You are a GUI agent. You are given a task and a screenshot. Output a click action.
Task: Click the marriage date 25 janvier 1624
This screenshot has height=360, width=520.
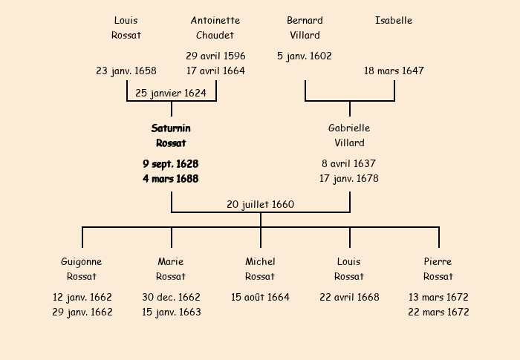coord(171,93)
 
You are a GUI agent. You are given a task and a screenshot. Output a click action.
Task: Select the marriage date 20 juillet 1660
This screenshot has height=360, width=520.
coord(260,204)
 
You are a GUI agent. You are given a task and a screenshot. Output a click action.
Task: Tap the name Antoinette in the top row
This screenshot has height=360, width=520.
coord(215,20)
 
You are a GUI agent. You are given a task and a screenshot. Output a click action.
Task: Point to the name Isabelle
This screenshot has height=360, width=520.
coord(394,20)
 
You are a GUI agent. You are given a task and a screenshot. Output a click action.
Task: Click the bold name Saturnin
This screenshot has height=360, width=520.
coord(171,128)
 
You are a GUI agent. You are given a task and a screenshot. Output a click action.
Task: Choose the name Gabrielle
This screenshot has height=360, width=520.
coord(349,128)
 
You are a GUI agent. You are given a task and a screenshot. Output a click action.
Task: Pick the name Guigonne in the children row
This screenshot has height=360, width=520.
coord(82,261)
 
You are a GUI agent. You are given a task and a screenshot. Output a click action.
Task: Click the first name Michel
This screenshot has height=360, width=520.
coord(260,261)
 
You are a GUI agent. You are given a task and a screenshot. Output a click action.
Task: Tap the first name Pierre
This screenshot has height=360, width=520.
coord(438,261)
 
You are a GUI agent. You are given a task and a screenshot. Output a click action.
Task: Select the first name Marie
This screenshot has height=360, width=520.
coord(171,261)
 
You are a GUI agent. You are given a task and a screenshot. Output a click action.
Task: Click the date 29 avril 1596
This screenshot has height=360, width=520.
coord(215,56)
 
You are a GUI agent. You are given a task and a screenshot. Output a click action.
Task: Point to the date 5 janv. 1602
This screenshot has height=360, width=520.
coord(305,56)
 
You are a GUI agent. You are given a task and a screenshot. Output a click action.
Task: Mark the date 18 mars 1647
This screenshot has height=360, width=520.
coord(394,71)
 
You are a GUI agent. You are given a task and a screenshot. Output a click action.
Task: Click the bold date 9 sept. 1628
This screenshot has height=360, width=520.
coord(171,163)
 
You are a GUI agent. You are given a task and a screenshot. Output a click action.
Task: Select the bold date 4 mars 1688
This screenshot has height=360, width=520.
coord(171,178)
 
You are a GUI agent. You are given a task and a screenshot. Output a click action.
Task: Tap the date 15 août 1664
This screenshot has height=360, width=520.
coord(260,297)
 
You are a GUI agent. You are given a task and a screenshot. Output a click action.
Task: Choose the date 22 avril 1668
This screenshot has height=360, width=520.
coord(349,297)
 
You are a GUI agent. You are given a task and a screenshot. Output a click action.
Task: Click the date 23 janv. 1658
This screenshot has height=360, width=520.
coord(126,71)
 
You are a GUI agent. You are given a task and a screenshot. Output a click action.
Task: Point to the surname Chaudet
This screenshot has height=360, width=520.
coord(215,35)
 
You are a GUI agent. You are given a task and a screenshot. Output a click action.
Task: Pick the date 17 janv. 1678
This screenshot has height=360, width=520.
coord(349,178)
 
